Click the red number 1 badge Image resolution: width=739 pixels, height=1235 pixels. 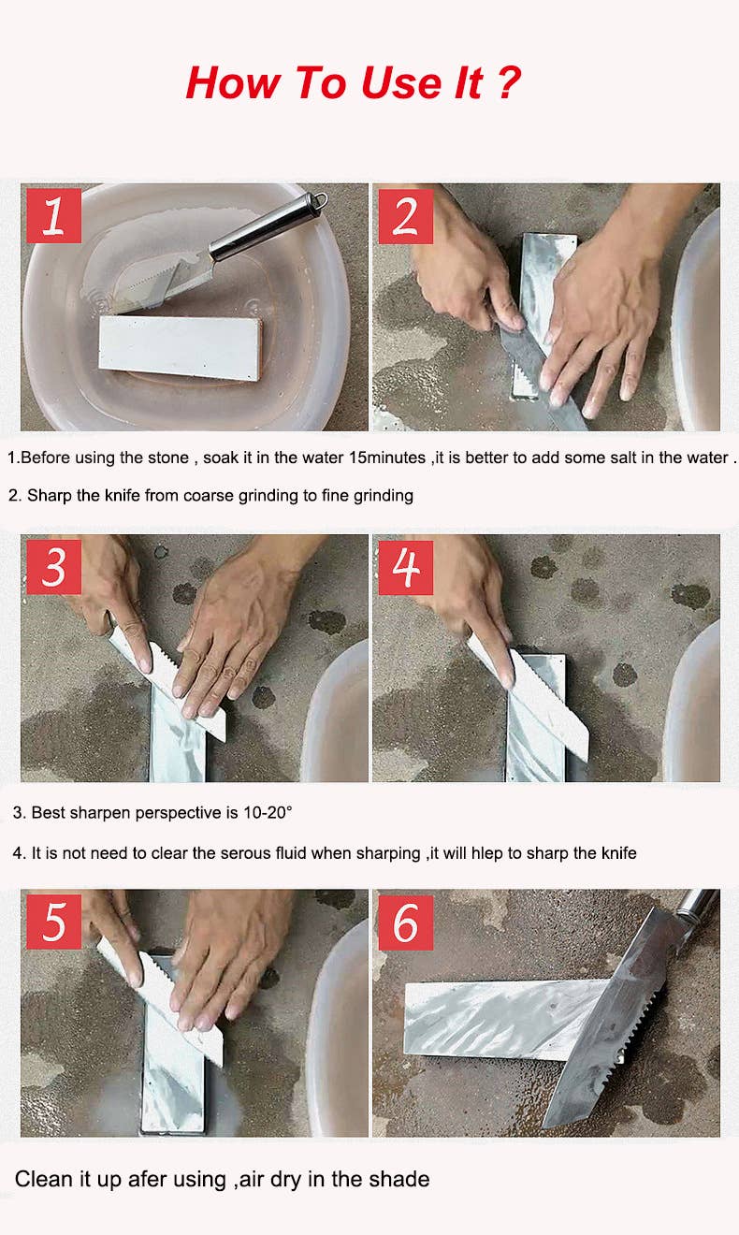tap(53, 215)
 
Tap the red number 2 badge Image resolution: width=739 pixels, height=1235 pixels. tap(406, 216)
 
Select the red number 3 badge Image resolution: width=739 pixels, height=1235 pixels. tap(53, 567)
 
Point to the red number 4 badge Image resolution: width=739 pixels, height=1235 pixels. tap(406, 567)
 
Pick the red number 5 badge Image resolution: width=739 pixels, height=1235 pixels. tap(53, 922)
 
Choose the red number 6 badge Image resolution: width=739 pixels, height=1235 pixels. tap(406, 923)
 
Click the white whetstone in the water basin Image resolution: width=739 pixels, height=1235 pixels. tap(181, 348)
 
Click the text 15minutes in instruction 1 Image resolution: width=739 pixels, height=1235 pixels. tap(387, 458)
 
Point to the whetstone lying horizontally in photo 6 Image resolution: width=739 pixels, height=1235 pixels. tap(504, 1020)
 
